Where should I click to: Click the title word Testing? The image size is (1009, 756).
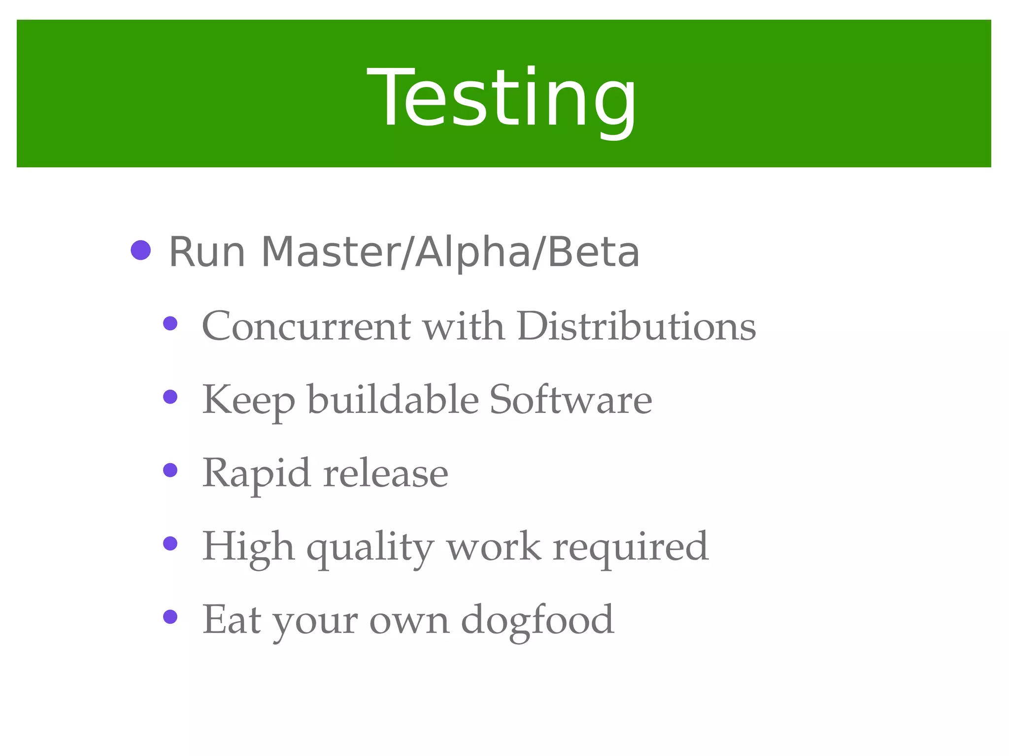(502, 98)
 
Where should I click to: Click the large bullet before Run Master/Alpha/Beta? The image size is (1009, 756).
(141, 251)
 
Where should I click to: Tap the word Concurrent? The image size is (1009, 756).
(306, 326)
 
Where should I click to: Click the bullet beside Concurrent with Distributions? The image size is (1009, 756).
(170, 323)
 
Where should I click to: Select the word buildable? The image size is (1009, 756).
(393, 399)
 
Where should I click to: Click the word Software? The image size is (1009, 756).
(571, 399)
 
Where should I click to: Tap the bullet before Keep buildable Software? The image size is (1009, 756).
(170, 397)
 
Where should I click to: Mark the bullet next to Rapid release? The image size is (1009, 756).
(170, 470)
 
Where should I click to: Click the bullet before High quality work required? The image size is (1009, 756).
(170, 543)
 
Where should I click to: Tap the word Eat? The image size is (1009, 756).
(232, 620)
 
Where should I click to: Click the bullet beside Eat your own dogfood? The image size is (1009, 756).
(170, 617)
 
